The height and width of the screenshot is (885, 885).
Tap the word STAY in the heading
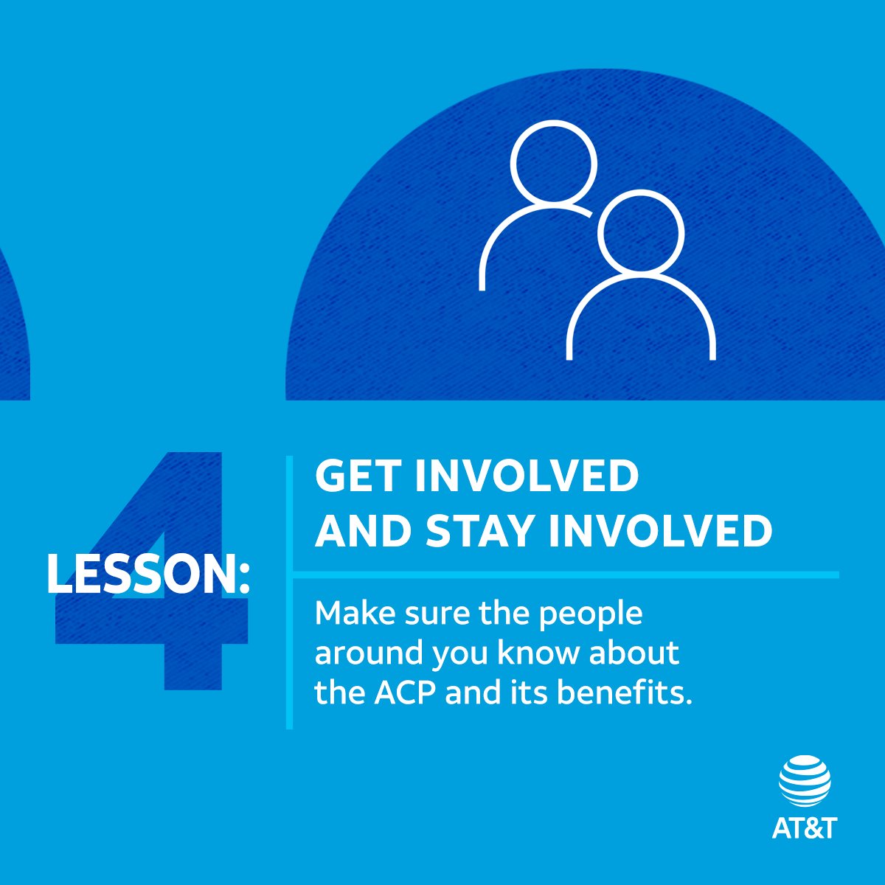(481, 530)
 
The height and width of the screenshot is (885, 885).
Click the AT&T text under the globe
(805, 827)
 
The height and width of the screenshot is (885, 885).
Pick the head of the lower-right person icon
(641, 231)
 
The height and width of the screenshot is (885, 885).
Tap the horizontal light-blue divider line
(565, 574)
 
